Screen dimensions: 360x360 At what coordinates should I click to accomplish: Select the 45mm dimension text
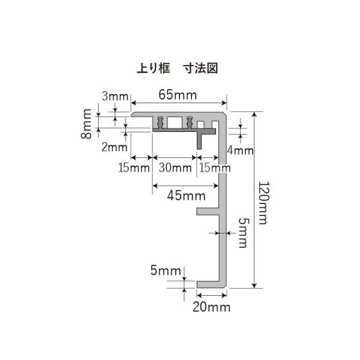tap(184, 195)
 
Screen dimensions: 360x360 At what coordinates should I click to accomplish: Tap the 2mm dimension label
tap(114, 147)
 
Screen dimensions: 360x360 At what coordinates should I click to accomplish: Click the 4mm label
tap(242, 150)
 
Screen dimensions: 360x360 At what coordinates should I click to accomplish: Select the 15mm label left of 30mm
tap(133, 167)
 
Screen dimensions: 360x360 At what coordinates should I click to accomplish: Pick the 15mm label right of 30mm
tap(214, 167)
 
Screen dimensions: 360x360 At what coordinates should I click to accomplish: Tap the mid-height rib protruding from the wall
tap(207, 211)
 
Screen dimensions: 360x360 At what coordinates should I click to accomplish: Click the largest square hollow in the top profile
tap(175, 122)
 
